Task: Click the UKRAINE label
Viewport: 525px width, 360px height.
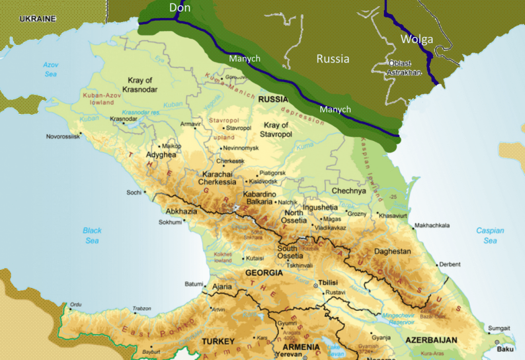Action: [37, 19]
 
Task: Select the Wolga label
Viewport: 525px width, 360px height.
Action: [416, 39]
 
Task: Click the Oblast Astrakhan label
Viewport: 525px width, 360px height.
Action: [405, 68]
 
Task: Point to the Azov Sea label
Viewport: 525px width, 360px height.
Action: [50, 70]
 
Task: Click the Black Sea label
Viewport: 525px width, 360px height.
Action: [92, 235]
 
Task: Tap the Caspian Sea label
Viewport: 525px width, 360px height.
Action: [490, 235]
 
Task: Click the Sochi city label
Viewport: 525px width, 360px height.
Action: [133, 192]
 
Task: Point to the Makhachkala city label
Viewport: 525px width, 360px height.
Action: [432, 225]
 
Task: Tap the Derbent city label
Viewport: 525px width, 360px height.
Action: [450, 265]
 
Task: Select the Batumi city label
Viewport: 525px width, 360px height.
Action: [194, 284]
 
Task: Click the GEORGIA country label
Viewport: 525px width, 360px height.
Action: [264, 273]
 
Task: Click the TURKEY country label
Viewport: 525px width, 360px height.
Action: [218, 341]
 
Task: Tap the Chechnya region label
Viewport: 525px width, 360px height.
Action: [349, 191]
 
